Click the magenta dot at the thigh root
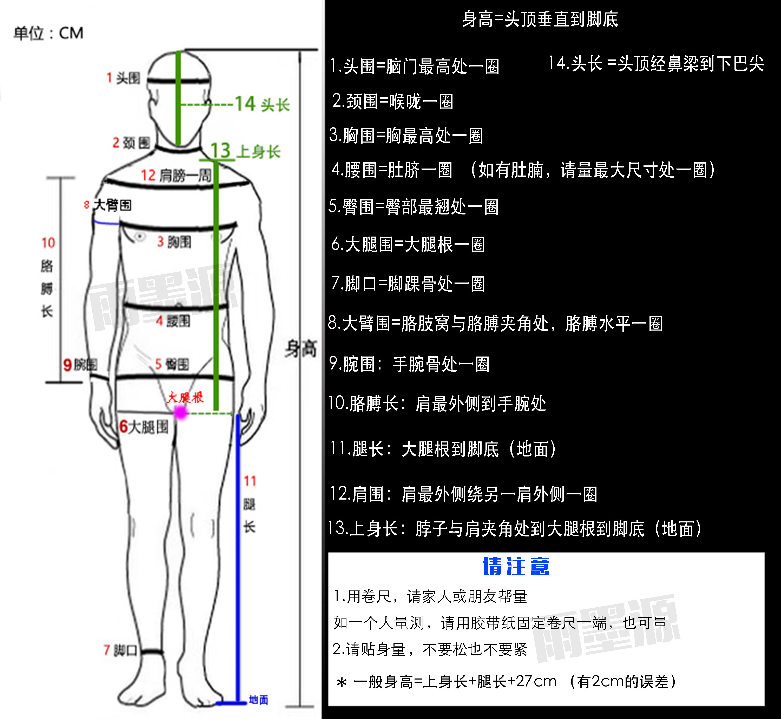click(x=181, y=412)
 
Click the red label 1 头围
click(x=123, y=78)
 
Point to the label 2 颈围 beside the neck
click(x=131, y=143)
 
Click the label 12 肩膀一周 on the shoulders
click(x=176, y=176)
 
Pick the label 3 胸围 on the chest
click(x=174, y=242)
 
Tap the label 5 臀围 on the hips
click(x=172, y=364)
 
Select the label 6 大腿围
click(x=144, y=427)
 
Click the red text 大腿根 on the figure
click(x=185, y=398)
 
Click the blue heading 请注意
click(x=516, y=567)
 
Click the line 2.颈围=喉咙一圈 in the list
click(x=392, y=102)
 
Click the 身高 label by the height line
click(x=300, y=348)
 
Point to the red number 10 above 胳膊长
click(x=48, y=243)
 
